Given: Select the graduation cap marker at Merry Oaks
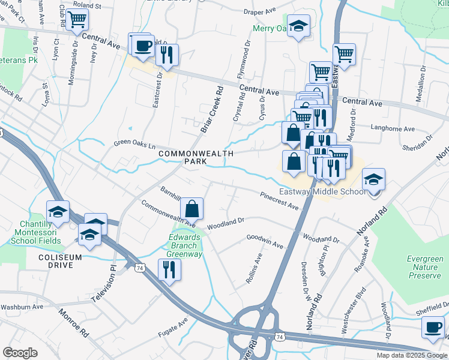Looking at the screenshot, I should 297,26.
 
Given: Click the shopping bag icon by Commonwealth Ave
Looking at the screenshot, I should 191,209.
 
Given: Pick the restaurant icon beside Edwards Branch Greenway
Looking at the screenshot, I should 166,269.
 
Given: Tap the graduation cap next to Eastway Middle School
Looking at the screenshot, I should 373,179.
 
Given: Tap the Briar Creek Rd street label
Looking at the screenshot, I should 212,109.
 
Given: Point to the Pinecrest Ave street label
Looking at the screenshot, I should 279,201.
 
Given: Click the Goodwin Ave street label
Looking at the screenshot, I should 265,241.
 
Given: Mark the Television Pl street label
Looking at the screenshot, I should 103,283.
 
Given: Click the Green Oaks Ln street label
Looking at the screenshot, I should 135,145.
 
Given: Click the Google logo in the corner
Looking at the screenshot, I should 20,353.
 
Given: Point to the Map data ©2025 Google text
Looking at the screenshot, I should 412,355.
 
